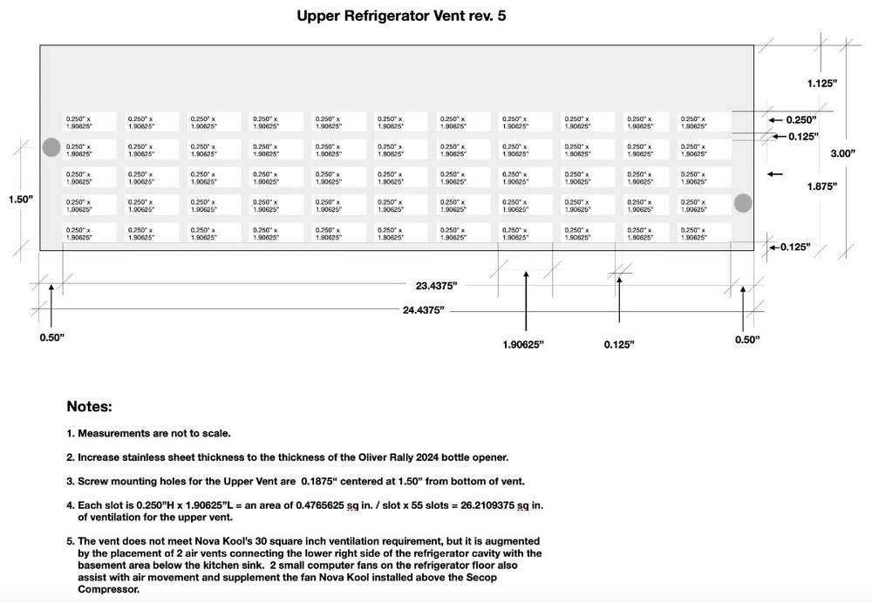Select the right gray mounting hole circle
[742, 203]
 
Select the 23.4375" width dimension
[436, 285]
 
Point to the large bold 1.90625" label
[523, 344]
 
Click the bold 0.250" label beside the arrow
[803, 119]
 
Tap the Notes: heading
[89, 406]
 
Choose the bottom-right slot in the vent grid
[703, 234]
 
